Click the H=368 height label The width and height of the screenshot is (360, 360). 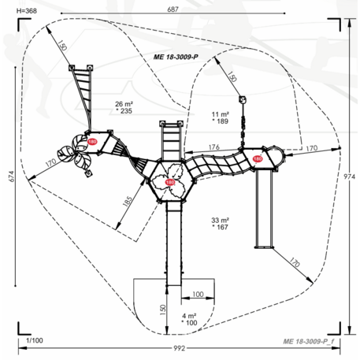tap(27, 11)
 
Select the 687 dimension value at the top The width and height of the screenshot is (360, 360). tap(173, 9)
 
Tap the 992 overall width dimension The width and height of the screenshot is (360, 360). tap(180, 348)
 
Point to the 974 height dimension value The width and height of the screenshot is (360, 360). tap(350, 176)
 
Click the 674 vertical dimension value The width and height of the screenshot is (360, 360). tap(12, 176)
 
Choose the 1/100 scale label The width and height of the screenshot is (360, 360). tap(35, 340)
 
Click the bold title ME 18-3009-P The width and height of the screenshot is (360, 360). tap(176, 57)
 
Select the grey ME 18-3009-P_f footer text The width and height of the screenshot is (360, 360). tap(309, 341)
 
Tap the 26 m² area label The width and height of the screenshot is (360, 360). tap(124, 104)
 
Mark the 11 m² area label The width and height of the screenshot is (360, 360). tap(220, 114)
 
